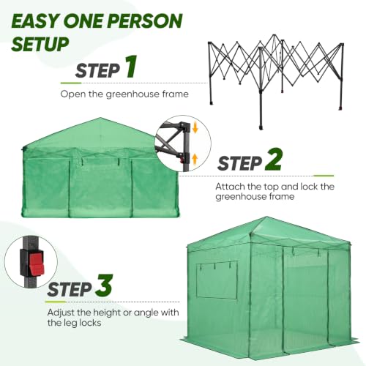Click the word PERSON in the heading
click(x=145, y=21)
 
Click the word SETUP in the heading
click(x=40, y=44)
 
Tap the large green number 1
click(x=131, y=67)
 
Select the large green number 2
click(x=273, y=160)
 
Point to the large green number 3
click(x=104, y=285)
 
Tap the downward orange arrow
click(x=195, y=128)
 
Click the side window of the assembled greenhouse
click(x=217, y=280)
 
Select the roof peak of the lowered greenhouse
click(x=100, y=119)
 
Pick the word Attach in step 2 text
click(x=230, y=187)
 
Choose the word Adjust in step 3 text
click(x=61, y=313)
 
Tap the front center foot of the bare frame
click(x=261, y=127)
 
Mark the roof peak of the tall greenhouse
click(x=267, y=217)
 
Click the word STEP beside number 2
click(x=239, y=163)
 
